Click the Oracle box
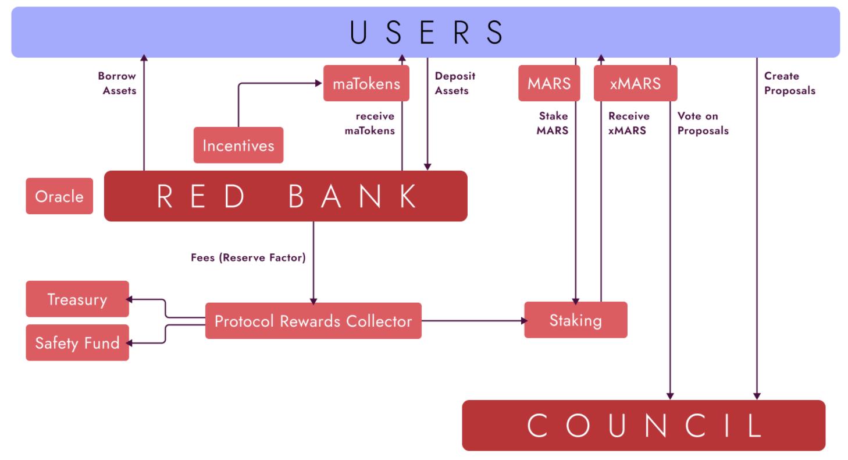[59, 196]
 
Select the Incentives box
[238, 145]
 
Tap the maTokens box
[366, 83]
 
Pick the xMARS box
[636, 83]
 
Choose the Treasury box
[77, 299]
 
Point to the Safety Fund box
[77, 342]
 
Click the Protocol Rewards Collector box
[313, 321]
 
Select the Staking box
[576, 320]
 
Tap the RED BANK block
[286, 196]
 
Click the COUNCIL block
[644, 426]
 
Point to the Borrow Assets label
[116, 83]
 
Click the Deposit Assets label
[451, 83]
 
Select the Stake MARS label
[553, 123]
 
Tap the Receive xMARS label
[629, 123]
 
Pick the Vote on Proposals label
[703, 123]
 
